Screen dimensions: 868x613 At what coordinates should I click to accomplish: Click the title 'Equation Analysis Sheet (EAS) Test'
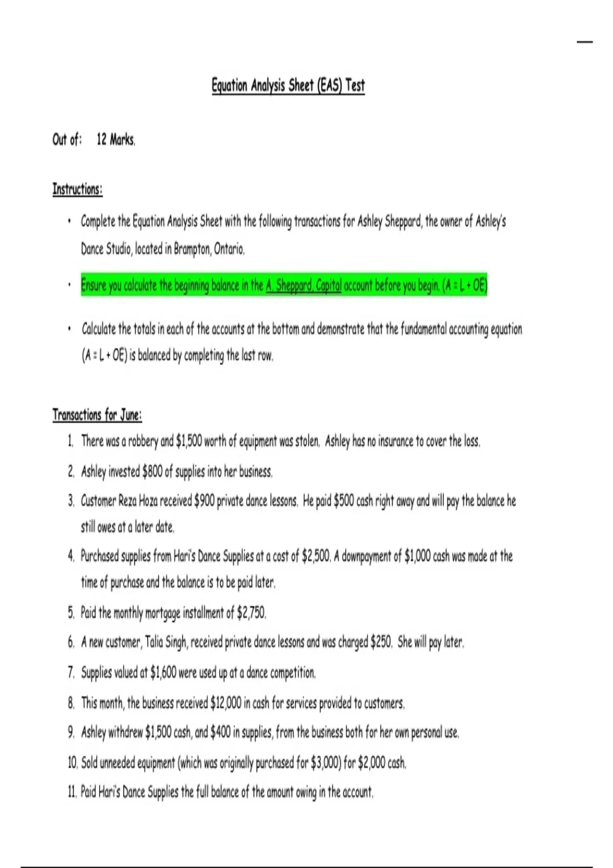pos(288,85)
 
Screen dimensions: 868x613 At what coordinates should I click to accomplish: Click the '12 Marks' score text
pos(116,139)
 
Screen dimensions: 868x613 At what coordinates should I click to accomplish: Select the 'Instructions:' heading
pos(77,189)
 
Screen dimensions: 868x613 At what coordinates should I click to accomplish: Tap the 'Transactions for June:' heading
pos(97,415)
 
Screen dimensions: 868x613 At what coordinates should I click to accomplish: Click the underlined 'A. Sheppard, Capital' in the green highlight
pos(303,285)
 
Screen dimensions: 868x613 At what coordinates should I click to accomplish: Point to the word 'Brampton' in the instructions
pos(192,249)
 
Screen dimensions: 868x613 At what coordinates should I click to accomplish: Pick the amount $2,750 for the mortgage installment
pos(251,612)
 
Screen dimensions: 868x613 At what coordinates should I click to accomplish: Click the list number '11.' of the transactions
pos(72,792)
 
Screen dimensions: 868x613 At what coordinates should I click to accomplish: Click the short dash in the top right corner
pos(585,41)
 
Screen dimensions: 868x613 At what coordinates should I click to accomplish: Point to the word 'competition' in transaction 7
pos(292,673)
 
